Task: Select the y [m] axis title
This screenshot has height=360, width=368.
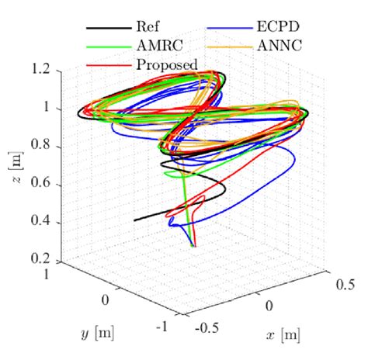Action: point(94,334)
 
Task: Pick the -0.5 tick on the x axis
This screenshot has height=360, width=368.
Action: point(208,327)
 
